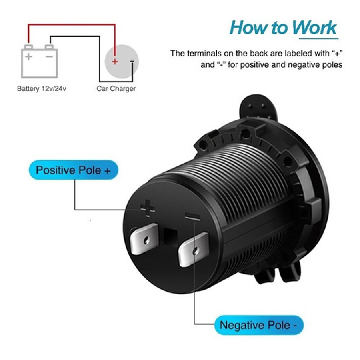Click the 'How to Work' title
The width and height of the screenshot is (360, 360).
[283, 28]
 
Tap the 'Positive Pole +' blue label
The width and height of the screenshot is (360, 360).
[74, 170]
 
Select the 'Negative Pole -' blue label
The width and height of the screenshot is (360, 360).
[259, 325]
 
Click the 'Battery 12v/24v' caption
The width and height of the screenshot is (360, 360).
[42, 89]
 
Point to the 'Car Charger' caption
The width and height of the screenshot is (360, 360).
[116, 89]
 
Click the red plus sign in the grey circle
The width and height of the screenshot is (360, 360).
[114, 62]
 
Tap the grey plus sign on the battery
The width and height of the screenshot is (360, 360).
[29, 56]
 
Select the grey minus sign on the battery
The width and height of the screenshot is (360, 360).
[49, 56]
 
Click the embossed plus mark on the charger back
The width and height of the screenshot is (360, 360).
[148, 208]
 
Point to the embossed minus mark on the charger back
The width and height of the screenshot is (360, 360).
[193, 216]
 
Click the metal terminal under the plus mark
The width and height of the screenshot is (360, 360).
[144, 238]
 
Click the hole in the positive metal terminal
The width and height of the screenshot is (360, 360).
[146, 241]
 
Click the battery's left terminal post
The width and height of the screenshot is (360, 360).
[28, 47]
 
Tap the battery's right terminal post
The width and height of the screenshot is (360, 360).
[49, 47]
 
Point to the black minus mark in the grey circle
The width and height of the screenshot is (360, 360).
[132, 61]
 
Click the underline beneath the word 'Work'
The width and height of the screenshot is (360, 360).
[319, 38]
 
